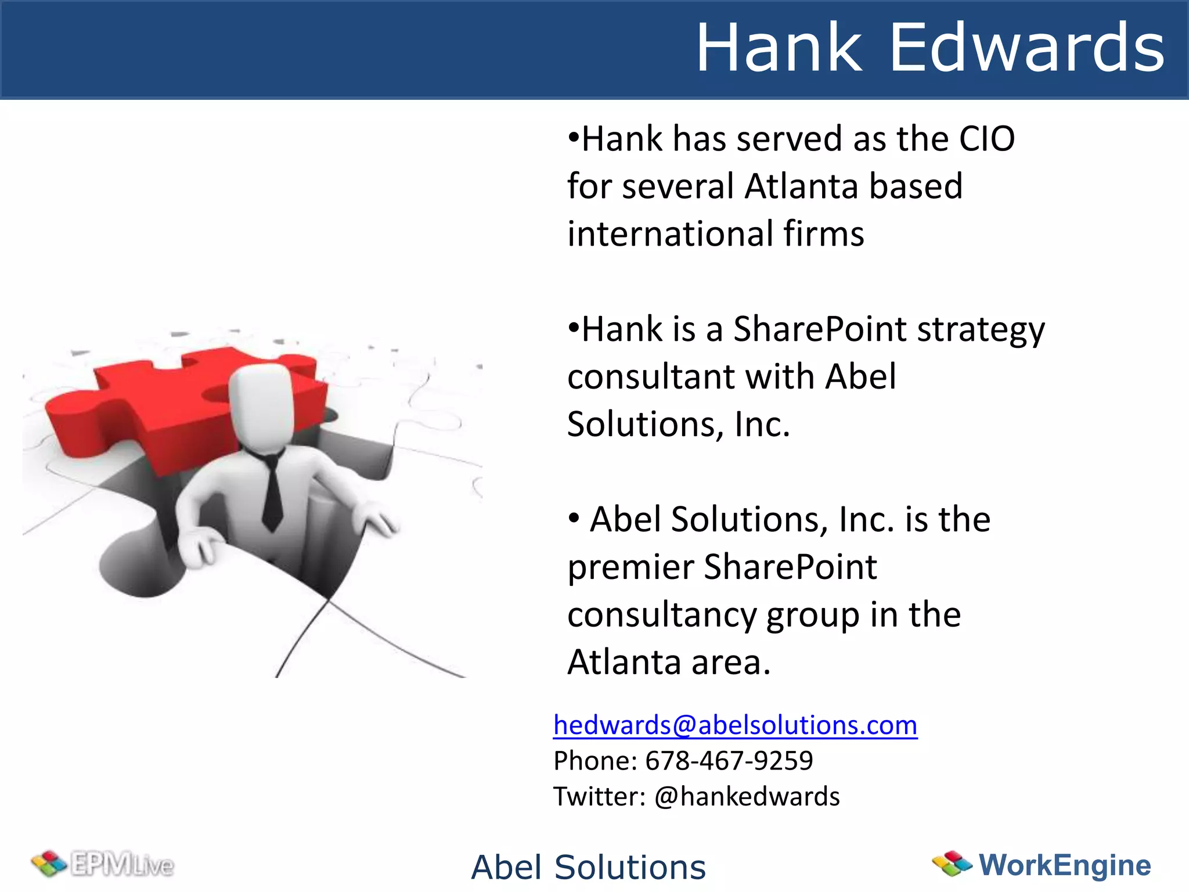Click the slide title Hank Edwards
[929, 48]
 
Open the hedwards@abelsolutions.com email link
[735, 725]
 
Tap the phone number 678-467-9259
[729, 761]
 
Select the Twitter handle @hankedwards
[747, 796]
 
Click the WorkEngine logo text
[1065, 865]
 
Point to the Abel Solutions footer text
[588, 867]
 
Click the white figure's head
[261, 407]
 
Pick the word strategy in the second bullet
[981, 330]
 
